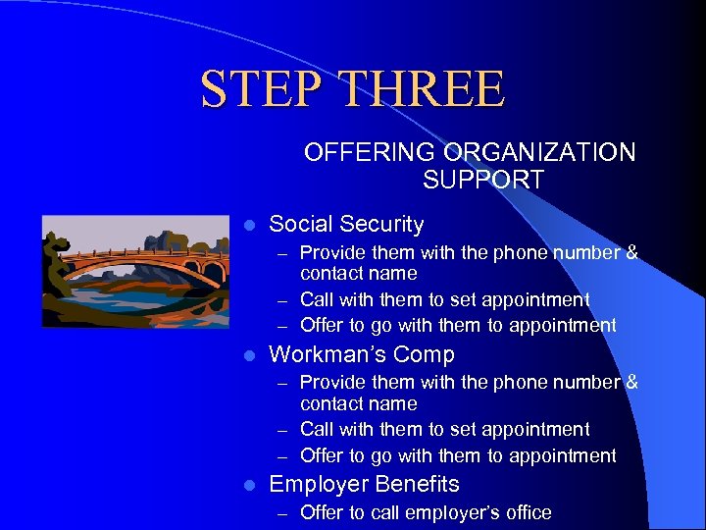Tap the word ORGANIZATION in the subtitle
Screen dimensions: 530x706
(x=539, y=153)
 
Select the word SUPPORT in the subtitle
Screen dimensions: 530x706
(x=483, y=180)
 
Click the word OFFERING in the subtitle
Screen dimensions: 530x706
(x=371, y=153)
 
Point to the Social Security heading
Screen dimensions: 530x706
(x=346, y=225)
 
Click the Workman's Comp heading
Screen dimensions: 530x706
(x=362, y=354)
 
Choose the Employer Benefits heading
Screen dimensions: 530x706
(x=364, y=484)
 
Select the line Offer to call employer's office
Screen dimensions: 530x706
(x=426, y=512)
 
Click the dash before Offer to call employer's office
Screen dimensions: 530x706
(x=281, y=513)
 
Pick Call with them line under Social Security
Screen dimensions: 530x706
(x=444, y=299)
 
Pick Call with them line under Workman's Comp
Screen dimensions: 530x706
(x=444, y=429)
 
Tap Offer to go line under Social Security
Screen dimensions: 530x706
(x=458, y=325)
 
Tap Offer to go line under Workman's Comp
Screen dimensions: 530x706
(x=458, y=455)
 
